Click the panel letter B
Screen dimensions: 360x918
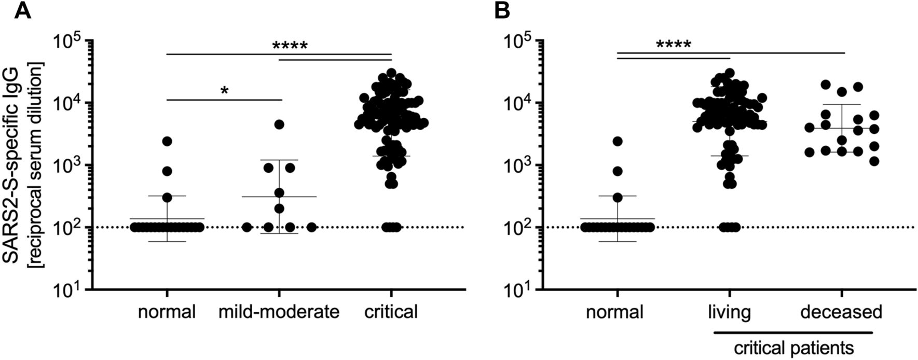pyautogui.click(x=501, y=11)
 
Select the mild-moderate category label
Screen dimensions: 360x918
pyautogui.click(x=279, y=312)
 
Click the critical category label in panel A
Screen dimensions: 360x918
pyautogui.click(x=391, y=312)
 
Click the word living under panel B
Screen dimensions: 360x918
pyautogui.click(x=729, y=312)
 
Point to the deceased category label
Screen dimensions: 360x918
pyautogui.click(x=841, y=312)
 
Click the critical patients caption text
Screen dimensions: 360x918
pyautogui.click(x=793, y=346)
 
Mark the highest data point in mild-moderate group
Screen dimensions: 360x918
pyautogui.click(x=279, y=124)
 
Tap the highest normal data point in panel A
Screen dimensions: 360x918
pyautogui.click(x=167, y=141)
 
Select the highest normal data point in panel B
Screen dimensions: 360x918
pyautogui.click(x=618, y=141)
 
